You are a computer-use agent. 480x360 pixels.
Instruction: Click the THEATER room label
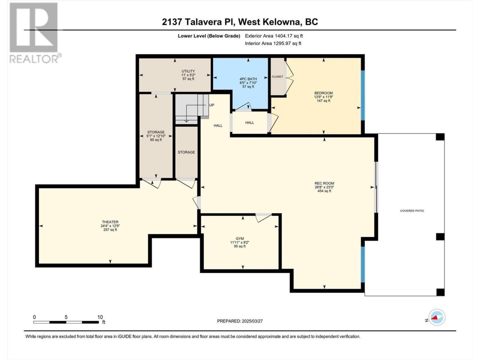pyautogui.click(x=110, y=222)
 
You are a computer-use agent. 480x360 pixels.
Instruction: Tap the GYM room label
pyautogui.click(x=240, y=239)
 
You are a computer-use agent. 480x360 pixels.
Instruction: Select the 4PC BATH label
pyautogui.click(x=248, y=79)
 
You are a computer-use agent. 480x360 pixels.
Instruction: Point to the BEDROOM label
pyautogui.click(x=323, y=93)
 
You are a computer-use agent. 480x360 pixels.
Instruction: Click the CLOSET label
pyautogui.click(x=277, y=77)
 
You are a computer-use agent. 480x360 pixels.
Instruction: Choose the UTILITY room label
pyautogui.click(x=188, y=71)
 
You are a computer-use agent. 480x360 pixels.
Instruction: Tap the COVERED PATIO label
pyautogui.click(x=412, y=211)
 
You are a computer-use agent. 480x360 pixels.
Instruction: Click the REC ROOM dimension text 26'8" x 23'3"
pyautogui.click(x=324, y=187)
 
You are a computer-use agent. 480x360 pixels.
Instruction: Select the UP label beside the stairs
pyautogui.click(x=211, y=105)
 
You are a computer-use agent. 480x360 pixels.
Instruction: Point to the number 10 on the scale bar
pyautogui.click(x=100, y=317)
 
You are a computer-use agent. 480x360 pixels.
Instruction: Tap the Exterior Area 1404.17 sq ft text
pyautogui.click(x=274, y=36)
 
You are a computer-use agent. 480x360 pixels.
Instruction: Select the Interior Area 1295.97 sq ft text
pyautogui.click(x=273, y=43)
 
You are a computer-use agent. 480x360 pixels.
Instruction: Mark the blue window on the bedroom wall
pyautogui.click(x=363, y=95)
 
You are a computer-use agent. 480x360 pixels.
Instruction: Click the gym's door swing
pyautogui.click(x=264, y=217)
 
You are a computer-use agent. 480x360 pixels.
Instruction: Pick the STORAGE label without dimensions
pyautogui.click(x=186, y=152)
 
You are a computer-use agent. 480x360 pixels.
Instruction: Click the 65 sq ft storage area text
pyautogui.click(x=156, y=140)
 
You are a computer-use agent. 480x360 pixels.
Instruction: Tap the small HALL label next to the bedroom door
pyautogui.click(x=249, y=123)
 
